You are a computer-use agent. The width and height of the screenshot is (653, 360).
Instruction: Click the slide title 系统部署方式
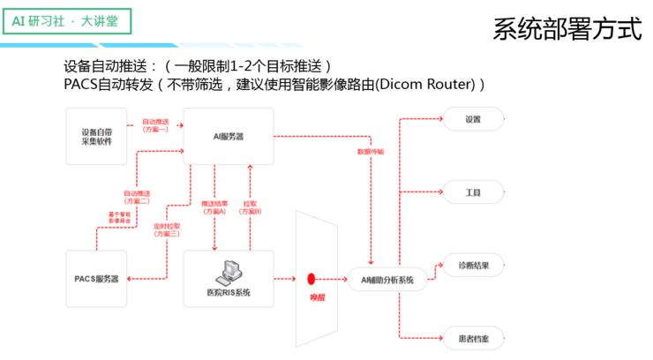[567, 28]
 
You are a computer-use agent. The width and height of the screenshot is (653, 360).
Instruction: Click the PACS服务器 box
[95, 279]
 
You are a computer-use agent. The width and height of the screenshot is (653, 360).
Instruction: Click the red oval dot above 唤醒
[311, 278]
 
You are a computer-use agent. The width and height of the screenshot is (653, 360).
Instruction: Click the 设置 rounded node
[473, 118]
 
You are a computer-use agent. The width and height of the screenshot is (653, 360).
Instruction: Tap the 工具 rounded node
[473, 191]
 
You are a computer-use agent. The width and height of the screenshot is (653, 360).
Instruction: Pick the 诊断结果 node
[473, 265]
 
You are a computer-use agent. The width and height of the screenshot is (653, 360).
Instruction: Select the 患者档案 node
[473, 338]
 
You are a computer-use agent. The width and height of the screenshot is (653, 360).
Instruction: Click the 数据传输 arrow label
[370, 151]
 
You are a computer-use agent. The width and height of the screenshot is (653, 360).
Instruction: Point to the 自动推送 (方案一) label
[155, 124]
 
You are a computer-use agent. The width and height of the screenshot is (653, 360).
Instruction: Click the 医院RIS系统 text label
[228, 292]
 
